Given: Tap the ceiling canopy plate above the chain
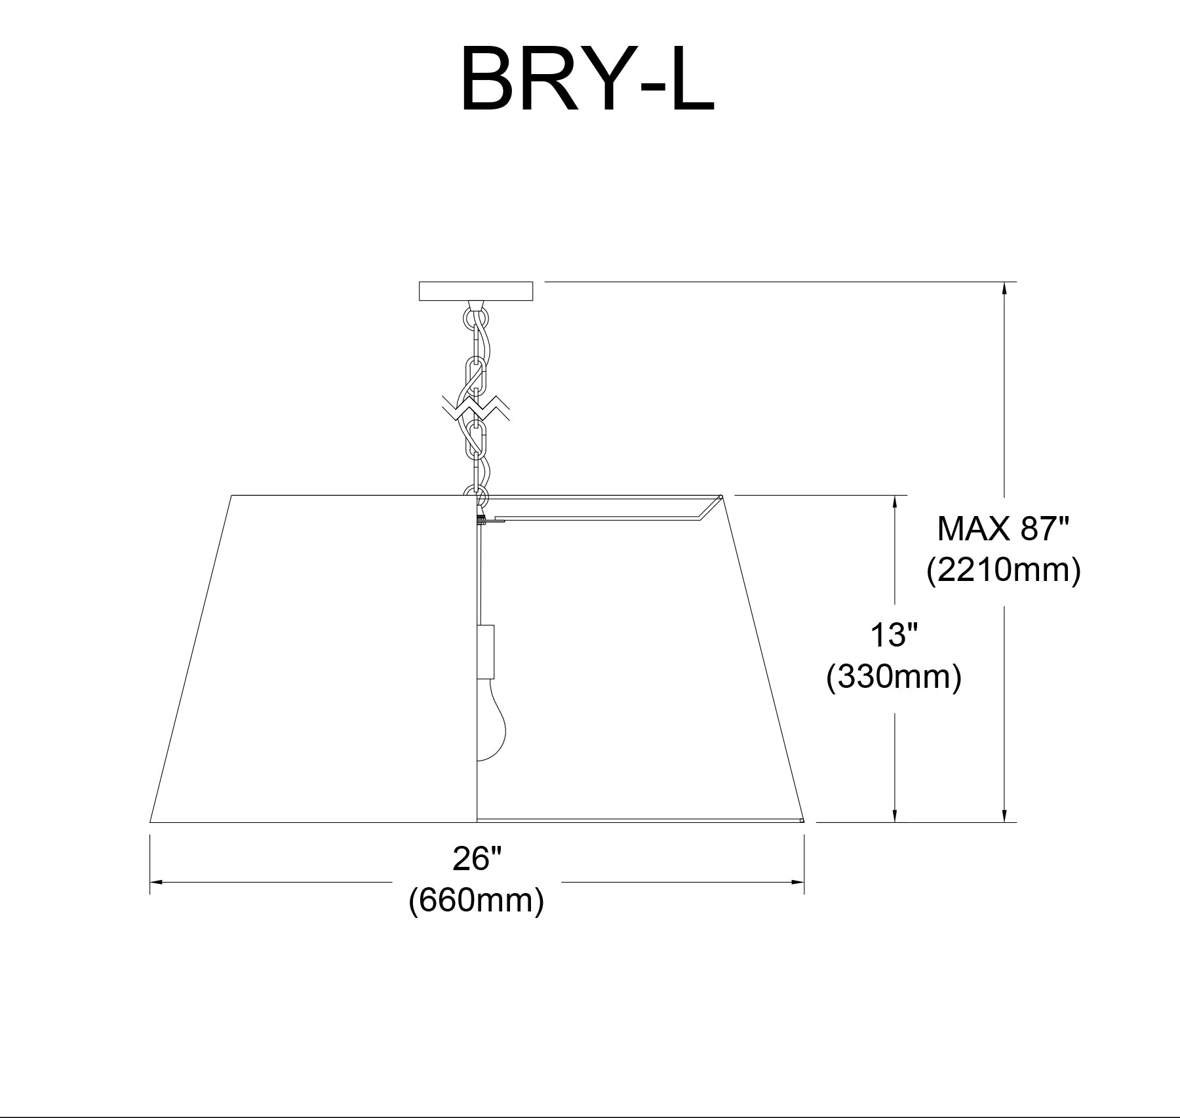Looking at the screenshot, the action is (x=476, y=291).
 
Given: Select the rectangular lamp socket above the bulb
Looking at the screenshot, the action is (x=486, y=652).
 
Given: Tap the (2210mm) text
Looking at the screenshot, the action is (x=1003, y=570).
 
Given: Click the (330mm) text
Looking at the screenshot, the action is (x=894, y=677).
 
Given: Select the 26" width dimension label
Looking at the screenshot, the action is (x=477, y=858).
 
